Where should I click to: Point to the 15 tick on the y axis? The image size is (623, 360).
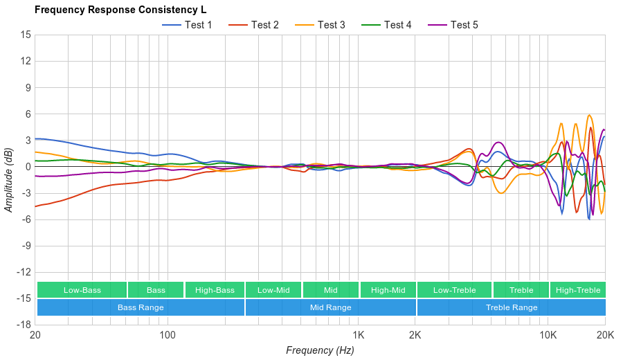(26, 35)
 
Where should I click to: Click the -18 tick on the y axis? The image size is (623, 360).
(24, 325)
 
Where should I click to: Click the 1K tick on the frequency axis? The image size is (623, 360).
(358, 335)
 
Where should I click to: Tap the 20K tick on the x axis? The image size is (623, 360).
(605, 335)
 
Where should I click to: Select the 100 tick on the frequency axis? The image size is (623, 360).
(168, 335)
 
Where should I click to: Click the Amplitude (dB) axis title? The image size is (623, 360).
(9, 179)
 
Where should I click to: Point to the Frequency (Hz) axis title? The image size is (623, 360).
(320, 350)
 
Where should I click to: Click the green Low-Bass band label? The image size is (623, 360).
(82, 290)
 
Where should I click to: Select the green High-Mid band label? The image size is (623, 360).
(388, 290)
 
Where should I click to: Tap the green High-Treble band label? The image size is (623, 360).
(578, 290)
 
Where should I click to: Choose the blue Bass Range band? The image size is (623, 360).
(141, 307)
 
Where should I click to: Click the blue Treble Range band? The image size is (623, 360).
(512, 307)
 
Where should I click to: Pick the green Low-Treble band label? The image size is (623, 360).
(454, 290)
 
